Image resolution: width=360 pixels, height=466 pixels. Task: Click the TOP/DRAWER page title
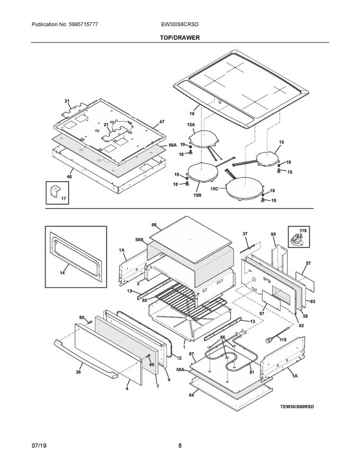180,38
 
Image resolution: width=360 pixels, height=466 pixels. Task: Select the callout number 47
161,122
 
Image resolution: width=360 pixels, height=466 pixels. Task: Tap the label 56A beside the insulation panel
172,145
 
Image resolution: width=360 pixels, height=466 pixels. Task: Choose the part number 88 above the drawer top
154,225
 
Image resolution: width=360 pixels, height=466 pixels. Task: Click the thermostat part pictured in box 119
296,239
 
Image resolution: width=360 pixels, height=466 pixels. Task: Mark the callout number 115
283,339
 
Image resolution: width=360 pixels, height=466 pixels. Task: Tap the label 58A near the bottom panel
180,370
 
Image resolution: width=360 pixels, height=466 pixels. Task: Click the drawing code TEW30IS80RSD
297,407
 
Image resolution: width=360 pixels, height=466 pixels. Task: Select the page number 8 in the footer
180,445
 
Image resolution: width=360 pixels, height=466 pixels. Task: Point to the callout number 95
274,234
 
